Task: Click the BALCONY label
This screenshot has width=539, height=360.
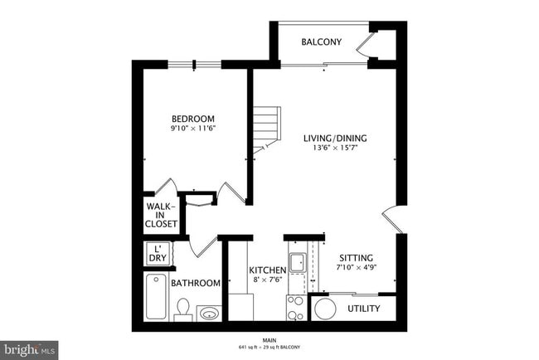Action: [321, 42]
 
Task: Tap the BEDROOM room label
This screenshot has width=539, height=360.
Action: [194, 118]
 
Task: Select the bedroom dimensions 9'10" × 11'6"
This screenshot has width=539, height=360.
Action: [194, 129]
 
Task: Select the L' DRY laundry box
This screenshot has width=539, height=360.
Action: [157, 253]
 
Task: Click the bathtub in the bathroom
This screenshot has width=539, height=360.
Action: [156, 296]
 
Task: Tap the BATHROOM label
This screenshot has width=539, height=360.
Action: [196, 283]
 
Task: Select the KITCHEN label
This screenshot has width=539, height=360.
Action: [268, 270]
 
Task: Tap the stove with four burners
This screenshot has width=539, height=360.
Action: [297, 308]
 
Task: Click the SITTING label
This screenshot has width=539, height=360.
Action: [356, 258]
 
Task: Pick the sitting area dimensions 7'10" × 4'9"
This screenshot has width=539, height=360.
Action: [356, 269]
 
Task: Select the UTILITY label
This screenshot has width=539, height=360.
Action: [363, 309]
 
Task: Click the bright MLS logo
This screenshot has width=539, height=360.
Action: [29, 349]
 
